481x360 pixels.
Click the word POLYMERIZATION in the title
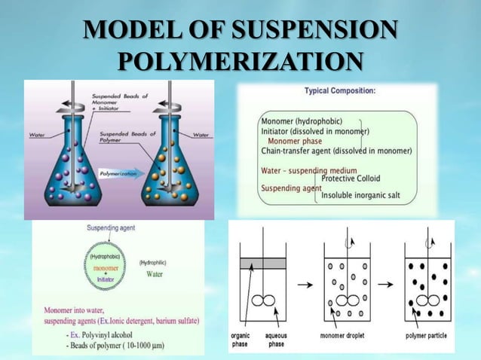coord(240,61)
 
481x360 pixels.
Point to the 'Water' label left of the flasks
coord(36,136)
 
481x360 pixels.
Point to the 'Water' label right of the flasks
coord(201,135)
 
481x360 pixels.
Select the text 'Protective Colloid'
coord(351,178)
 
